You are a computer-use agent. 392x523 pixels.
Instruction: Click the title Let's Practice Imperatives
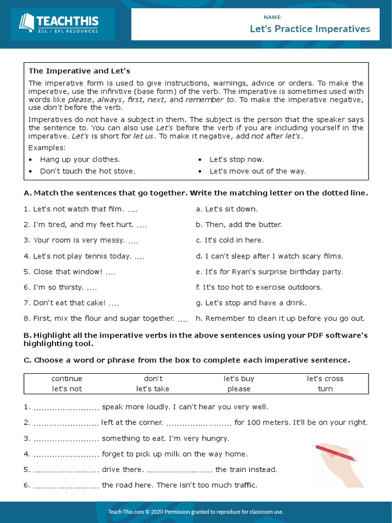click(310, 29)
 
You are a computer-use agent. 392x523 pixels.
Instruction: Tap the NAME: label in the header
click(273, 17)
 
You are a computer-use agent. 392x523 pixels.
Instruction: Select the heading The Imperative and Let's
click(79, 71)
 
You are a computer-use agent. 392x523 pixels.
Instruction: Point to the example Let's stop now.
click(237, 159)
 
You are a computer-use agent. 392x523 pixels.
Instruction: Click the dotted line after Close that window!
click(110, 272)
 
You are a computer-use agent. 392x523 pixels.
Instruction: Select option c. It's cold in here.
click(230, 240)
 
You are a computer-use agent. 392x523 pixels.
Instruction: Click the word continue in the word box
click(67, 378)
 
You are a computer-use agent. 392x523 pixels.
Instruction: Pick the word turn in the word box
click(325, 389)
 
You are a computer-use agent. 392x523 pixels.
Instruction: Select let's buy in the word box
click(239, 378)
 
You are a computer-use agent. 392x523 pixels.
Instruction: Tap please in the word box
click(239, 389)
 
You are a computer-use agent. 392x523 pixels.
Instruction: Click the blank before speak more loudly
click(66, 408)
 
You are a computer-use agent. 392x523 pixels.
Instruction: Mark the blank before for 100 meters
click(199, 423)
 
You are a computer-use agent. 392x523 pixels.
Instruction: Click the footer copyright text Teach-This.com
click(195, 512)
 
